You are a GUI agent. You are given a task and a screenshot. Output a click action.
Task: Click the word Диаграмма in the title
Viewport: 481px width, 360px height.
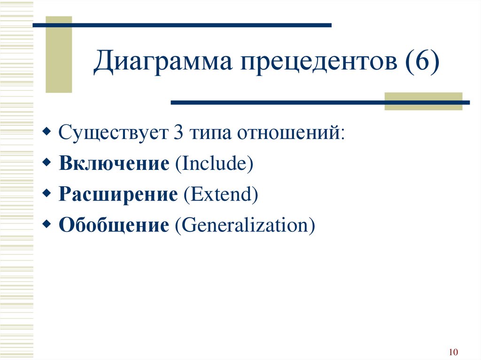click(x=163, y=62)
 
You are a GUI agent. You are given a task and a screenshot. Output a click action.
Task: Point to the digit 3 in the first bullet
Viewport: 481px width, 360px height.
click(x=178, y=132)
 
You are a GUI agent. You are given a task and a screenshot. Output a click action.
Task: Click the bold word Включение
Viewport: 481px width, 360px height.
click(x=114, y=163)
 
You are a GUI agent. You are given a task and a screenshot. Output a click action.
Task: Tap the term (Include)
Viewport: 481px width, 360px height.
click(x=214, y=163)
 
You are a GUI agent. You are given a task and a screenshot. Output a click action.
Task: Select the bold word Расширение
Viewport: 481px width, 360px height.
click(x=118, y=194)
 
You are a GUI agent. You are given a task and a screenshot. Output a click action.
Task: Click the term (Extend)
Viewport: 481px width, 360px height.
click(x=221, y=194)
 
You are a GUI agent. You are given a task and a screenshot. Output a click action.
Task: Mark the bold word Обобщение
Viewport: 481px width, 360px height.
click(x=114, y=224)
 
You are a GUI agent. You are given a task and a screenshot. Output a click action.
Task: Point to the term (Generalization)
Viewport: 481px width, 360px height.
click(x=245, y=225)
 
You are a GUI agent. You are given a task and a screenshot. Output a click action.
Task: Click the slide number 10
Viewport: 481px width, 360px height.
click(x=453, y=352)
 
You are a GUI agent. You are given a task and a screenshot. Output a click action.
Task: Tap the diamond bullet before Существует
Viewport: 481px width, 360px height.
click(x=47, y=131)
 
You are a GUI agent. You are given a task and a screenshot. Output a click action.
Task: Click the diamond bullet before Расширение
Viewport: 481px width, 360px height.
click(x=47, y=193)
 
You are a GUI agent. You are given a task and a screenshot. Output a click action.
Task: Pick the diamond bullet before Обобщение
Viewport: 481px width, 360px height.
click(x=47, y=223)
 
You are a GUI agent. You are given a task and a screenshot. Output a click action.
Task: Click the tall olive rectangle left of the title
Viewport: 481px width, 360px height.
click(x=59, y=54)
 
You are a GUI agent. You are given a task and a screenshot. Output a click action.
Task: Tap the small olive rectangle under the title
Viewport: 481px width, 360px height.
click(x=423, y=101)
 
